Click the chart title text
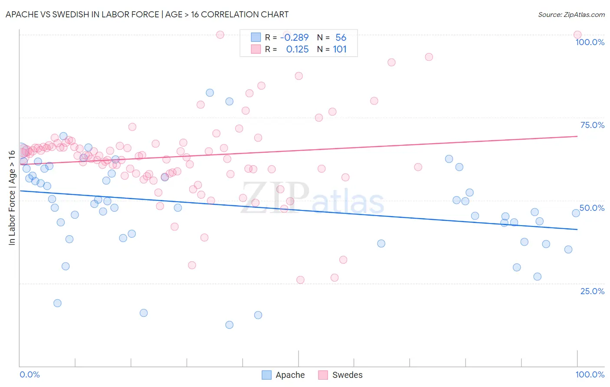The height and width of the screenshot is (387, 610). pos(147,14)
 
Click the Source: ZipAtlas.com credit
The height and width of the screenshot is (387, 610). pos(571,14)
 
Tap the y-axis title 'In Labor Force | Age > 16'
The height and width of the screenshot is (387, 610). pos(12,198)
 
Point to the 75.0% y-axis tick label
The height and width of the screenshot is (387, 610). pos(592,125)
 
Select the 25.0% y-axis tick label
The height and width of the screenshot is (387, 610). pos(592,291)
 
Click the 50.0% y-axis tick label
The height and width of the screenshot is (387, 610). pos(592,208)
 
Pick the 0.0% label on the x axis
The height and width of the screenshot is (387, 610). pos(30,374)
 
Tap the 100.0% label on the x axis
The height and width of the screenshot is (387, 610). pos(590,374)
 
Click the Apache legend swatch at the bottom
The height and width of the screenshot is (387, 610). pos(266,375)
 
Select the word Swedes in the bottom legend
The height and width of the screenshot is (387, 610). pos(348,375)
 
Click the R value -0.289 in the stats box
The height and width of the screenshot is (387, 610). pos(295,37)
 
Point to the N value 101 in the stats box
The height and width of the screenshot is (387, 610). pos(340,49)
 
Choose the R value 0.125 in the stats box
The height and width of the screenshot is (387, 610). pos(297,49)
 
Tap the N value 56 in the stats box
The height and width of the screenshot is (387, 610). pos(341,37)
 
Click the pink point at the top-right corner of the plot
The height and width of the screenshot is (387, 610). pos(577,35)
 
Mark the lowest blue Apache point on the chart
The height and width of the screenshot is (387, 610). pos(230,325)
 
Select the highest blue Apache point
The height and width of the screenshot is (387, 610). pos(210,93)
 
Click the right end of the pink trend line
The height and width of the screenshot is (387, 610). pos(577,136)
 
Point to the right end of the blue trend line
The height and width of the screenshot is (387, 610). pos(577,230)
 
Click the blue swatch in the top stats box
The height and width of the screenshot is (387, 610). pos(256,37)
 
